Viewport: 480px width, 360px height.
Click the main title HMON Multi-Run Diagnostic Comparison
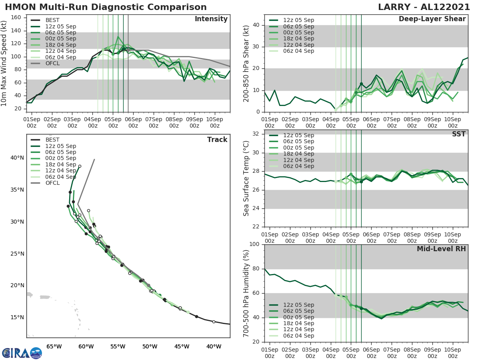click(106, 7)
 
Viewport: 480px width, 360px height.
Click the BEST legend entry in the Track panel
click(52, 140)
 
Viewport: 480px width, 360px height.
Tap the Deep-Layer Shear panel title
click(432, 19)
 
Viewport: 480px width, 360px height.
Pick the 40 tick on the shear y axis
click(256, 25)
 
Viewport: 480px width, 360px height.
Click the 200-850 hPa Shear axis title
click(247, 63)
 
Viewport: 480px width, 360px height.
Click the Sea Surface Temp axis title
click(247, 178)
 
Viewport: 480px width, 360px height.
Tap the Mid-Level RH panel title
click(441, 249)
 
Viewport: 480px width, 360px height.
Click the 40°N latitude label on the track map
click(17, 158)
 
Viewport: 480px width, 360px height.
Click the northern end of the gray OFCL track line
click(94, 160)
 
